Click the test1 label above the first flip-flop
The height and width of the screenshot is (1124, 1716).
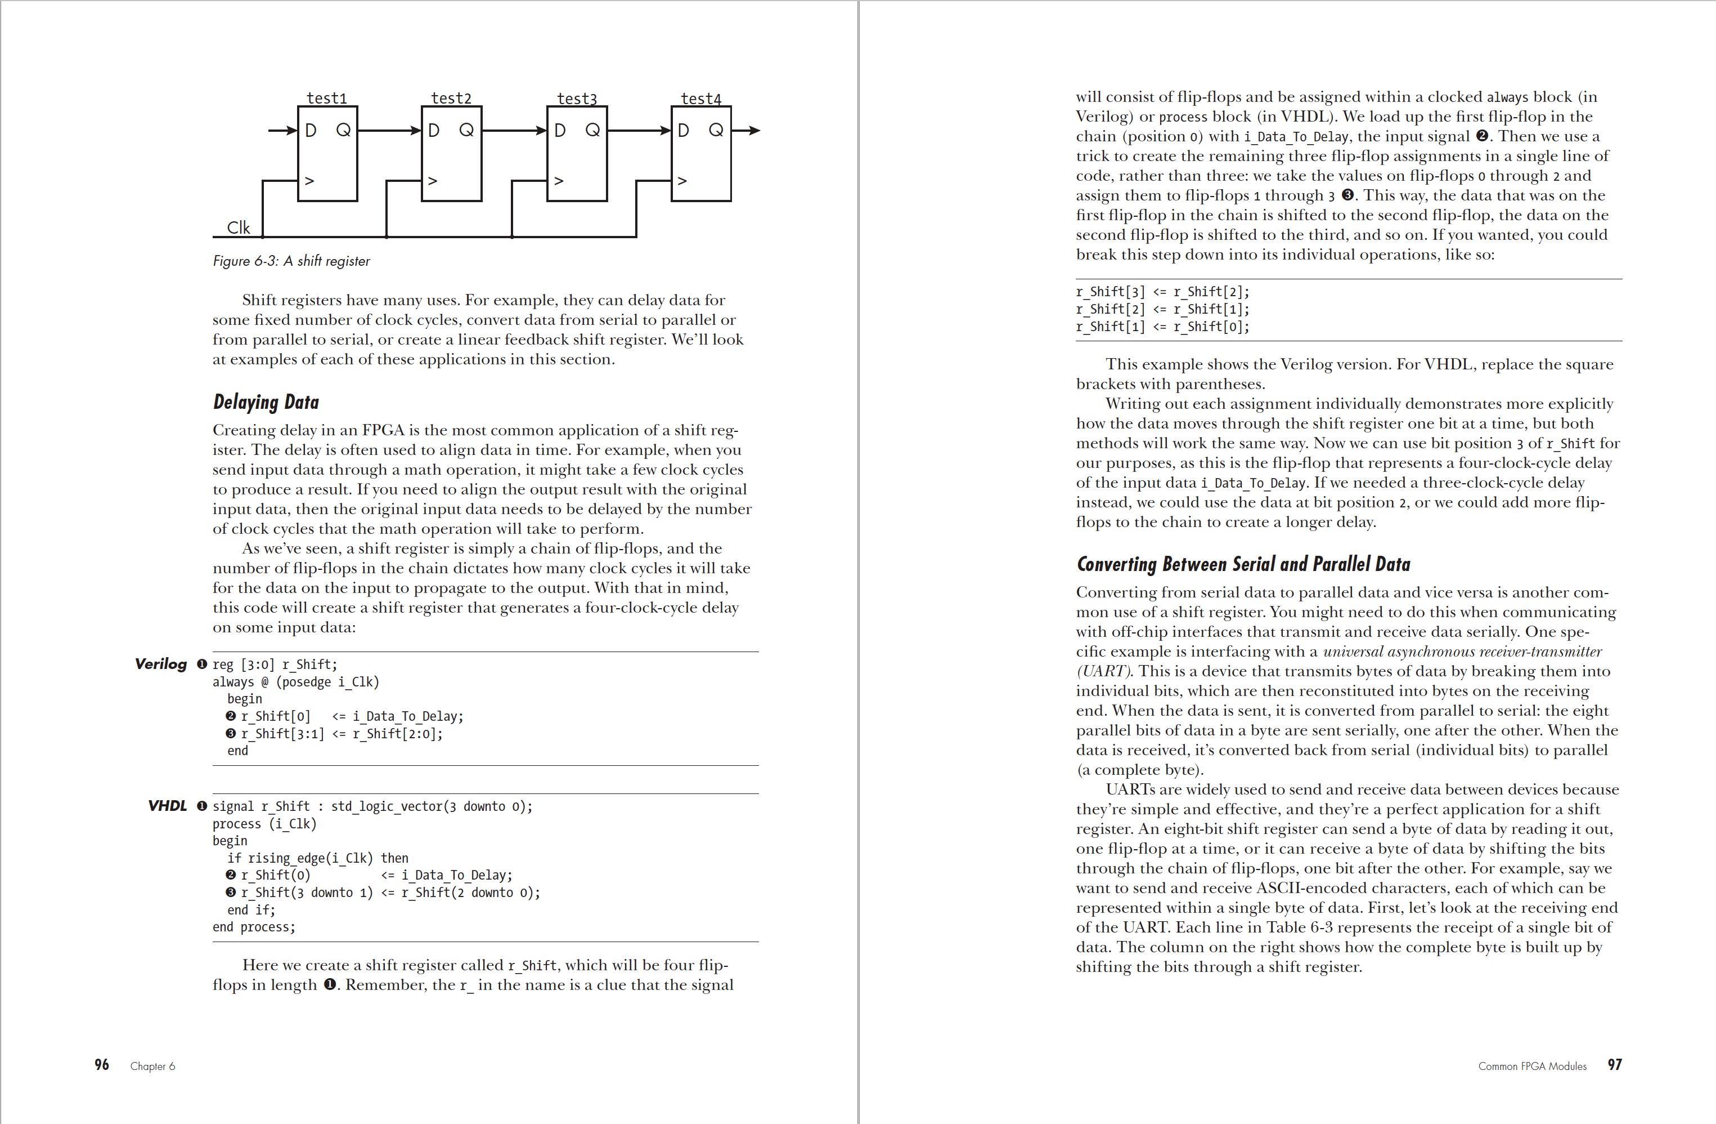point(327,98)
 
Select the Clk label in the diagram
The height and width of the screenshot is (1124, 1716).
point(238,228)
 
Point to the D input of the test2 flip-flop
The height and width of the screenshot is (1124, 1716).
point(434,131)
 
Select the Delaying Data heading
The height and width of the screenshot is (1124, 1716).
point(266,402)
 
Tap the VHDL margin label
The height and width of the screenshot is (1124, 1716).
point(167,806)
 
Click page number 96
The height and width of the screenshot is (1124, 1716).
point(102,1065)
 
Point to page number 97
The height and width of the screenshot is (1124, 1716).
point(1614,1065)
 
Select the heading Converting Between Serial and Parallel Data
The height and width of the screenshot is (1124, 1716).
point(1243,564)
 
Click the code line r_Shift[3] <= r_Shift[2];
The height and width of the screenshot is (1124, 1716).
point(1162,292)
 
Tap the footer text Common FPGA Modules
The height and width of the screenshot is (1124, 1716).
point(1532,1067)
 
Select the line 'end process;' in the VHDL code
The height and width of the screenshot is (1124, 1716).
point(254,927)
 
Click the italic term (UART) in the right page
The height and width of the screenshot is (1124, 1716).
point(1104,671)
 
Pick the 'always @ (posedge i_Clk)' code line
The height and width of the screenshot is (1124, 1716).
point(295,682)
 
